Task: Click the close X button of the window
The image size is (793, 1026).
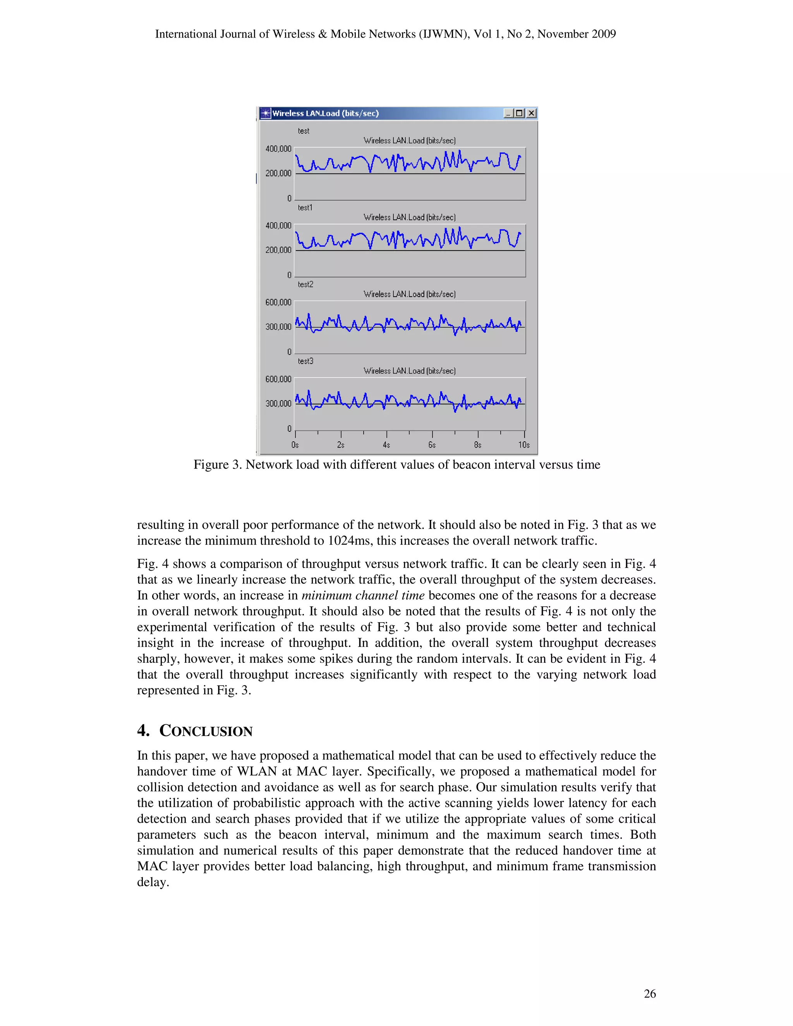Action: (531, 113)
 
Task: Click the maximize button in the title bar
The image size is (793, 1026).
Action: (519, 113)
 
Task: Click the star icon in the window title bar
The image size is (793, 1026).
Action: (266, 113)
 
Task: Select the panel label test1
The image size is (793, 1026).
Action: (304, 208)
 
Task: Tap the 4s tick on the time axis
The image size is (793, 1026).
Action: (386, 445)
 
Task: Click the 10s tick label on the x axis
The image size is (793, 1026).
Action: (524, 445)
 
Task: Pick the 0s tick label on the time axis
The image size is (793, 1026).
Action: (295, 445)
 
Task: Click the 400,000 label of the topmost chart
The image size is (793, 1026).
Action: (278, 149)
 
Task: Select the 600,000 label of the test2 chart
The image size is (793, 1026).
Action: (278, 302)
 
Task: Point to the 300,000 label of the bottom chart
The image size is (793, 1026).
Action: (278, 403)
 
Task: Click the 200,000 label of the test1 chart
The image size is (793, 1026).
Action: (278, 250)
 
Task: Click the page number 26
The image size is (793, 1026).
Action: (649, 993)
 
